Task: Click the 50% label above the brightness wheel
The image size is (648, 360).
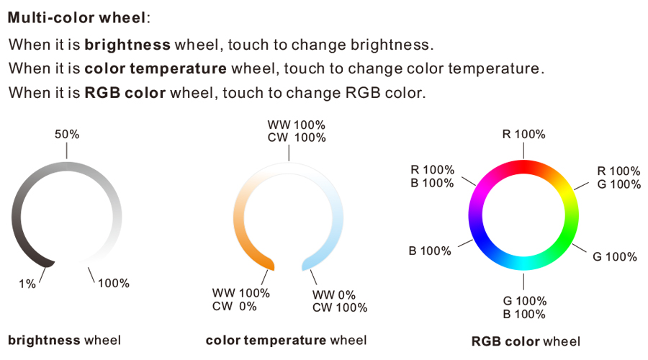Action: click(x=67, y=135)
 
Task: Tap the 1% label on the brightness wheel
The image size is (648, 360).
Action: click(x=27, y=284)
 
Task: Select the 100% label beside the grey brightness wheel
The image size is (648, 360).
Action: click(x=114, y=283)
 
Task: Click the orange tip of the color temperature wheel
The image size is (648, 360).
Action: click(x=269, y=264)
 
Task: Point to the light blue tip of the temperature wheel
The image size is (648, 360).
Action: click(x=307, y=264)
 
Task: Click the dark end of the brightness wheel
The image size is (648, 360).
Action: click(x=49, y=263)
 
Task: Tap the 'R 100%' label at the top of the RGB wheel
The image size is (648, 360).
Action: click(x=523, y=135)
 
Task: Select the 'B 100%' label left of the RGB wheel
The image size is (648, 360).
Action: click(x=430, y=251)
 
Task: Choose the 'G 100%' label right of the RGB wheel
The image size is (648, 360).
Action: click(x=615, y=256)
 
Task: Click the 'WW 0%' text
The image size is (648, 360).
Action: click(x=334, y=295)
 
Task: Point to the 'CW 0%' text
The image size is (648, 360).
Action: click(x=234, y=306)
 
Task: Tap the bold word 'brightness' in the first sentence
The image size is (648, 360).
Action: click(x=127, y=45)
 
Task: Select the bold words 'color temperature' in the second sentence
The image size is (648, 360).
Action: click(x=156, y=68)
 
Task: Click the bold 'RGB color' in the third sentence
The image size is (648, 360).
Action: click(x=125, y=93)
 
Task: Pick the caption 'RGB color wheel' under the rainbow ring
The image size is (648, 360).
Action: click(x=526, y=341)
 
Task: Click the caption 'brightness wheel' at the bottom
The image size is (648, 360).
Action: click(x=65, y=340)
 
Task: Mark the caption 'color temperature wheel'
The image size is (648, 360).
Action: click(x=286, y=340)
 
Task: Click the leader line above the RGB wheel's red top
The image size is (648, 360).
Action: click(x=523, y=151)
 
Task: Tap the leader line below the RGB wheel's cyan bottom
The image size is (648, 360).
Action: click(x=523, y=282)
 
